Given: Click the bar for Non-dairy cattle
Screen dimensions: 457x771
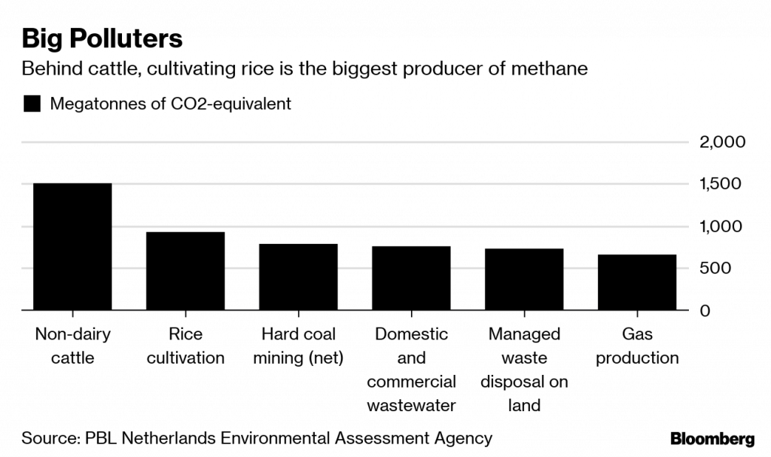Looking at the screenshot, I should click(72, 246).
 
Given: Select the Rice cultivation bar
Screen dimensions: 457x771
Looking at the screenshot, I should click(185, 271).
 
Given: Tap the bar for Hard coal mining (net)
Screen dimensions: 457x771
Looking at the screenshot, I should click(298, 277).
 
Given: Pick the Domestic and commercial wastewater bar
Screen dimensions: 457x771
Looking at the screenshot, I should click(411, 279).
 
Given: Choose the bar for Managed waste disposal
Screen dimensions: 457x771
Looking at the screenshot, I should click(524, 279).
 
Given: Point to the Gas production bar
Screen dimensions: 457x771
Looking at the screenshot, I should click(637, 282).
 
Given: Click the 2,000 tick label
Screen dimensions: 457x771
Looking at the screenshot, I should click(722, 142).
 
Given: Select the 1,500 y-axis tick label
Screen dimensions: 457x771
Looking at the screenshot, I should click(722, 184).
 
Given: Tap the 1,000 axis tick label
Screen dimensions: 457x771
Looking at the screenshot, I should click(722, 227).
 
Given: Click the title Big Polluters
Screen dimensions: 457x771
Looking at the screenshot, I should click(102, 38).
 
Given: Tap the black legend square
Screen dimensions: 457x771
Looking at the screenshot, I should click(32, 104).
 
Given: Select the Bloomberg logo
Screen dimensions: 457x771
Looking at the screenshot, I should click(712, 438).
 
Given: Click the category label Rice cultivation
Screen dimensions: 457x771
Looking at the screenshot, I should click(185, 346).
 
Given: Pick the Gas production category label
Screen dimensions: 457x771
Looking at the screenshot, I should click(637, 346).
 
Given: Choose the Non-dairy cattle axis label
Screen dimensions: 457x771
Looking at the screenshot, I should click(72, 346).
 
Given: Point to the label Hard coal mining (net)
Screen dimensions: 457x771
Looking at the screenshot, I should click(298, 346).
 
